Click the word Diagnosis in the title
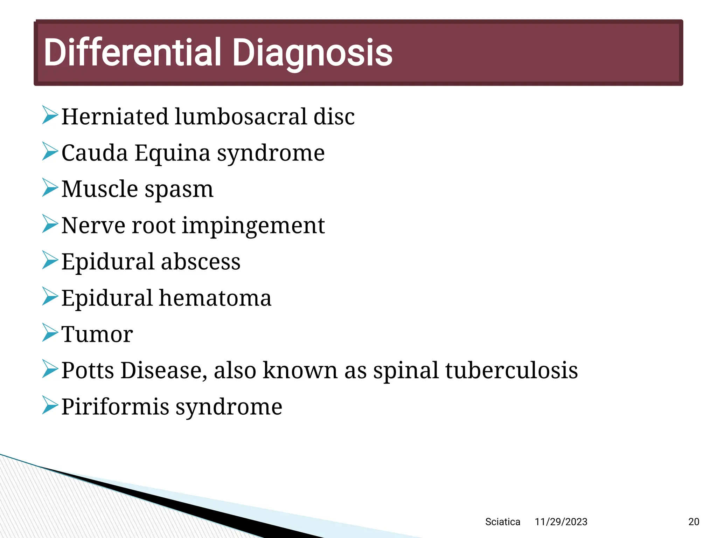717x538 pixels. [x=312, y=53]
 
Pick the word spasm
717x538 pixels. [x=179, y=190]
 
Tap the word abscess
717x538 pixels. [x=201, y=262]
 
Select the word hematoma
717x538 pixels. [x=215, y=298]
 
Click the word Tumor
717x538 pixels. [x=97, y=334]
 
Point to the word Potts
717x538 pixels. [x=88, y=370]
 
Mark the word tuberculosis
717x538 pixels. [x=511, y=370]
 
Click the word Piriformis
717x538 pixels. [x=115, y=407]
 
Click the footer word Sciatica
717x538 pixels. [x=502, y=522]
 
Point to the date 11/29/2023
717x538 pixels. [x=561, y=522]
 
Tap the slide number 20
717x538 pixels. [x=694, y=522]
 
